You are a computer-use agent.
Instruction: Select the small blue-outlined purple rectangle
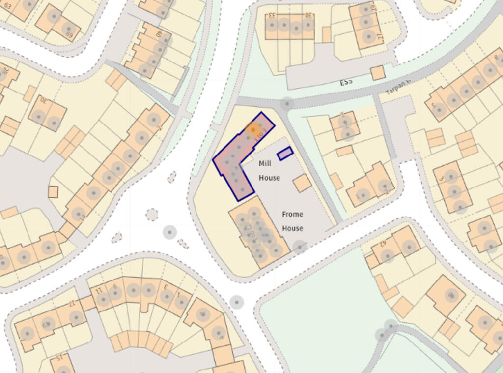tap(285, 154)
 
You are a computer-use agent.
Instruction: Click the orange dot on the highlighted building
tap(253, 129)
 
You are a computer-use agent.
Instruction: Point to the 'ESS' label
tap(346, 82)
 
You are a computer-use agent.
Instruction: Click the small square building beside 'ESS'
tap(378, 73)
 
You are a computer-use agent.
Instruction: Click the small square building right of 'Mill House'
tap(302, 183)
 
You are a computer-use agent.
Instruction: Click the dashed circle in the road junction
tap(152, 215)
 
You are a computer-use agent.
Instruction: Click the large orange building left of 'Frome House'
tap(258, 231)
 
